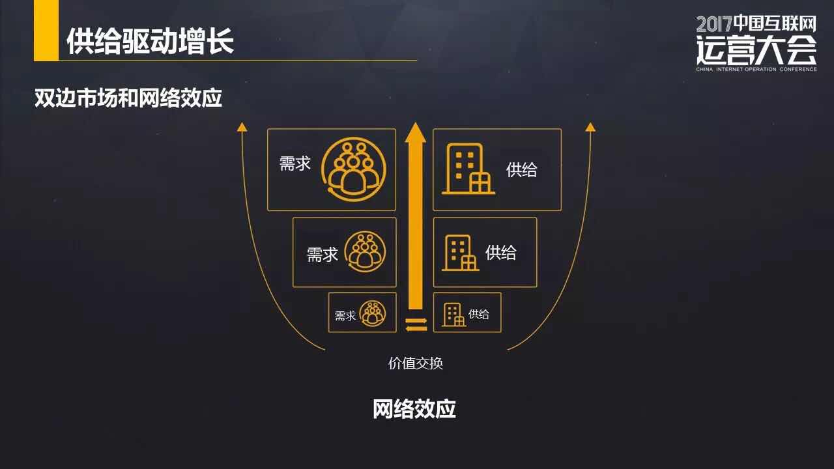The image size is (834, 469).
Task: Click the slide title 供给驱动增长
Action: (150, 41)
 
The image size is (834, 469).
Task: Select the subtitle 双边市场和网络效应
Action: (128, 98)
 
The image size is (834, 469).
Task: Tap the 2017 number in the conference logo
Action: (714, 25)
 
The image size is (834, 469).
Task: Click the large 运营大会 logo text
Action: (756, 49)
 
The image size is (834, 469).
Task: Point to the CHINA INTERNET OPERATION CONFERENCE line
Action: (756, 69)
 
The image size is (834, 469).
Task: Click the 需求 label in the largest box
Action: (295, 163)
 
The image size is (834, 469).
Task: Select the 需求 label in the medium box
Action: (323, 255)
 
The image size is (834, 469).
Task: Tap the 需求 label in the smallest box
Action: (345, 316)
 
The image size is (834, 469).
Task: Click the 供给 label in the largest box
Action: (522, 170)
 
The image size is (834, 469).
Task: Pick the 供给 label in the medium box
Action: (501, 253)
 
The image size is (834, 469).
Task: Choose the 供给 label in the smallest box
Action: (479, 314)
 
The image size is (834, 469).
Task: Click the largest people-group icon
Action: (353, 168)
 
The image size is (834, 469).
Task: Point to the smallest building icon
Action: (454, 315)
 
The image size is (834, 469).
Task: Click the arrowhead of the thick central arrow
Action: (415, 132)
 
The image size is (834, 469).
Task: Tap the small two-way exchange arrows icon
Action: (416, 324)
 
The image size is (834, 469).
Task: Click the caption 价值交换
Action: (416, 363)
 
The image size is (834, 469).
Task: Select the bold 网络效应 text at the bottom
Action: (414, 409)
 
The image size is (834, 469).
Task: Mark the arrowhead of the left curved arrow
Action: (242, 126)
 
